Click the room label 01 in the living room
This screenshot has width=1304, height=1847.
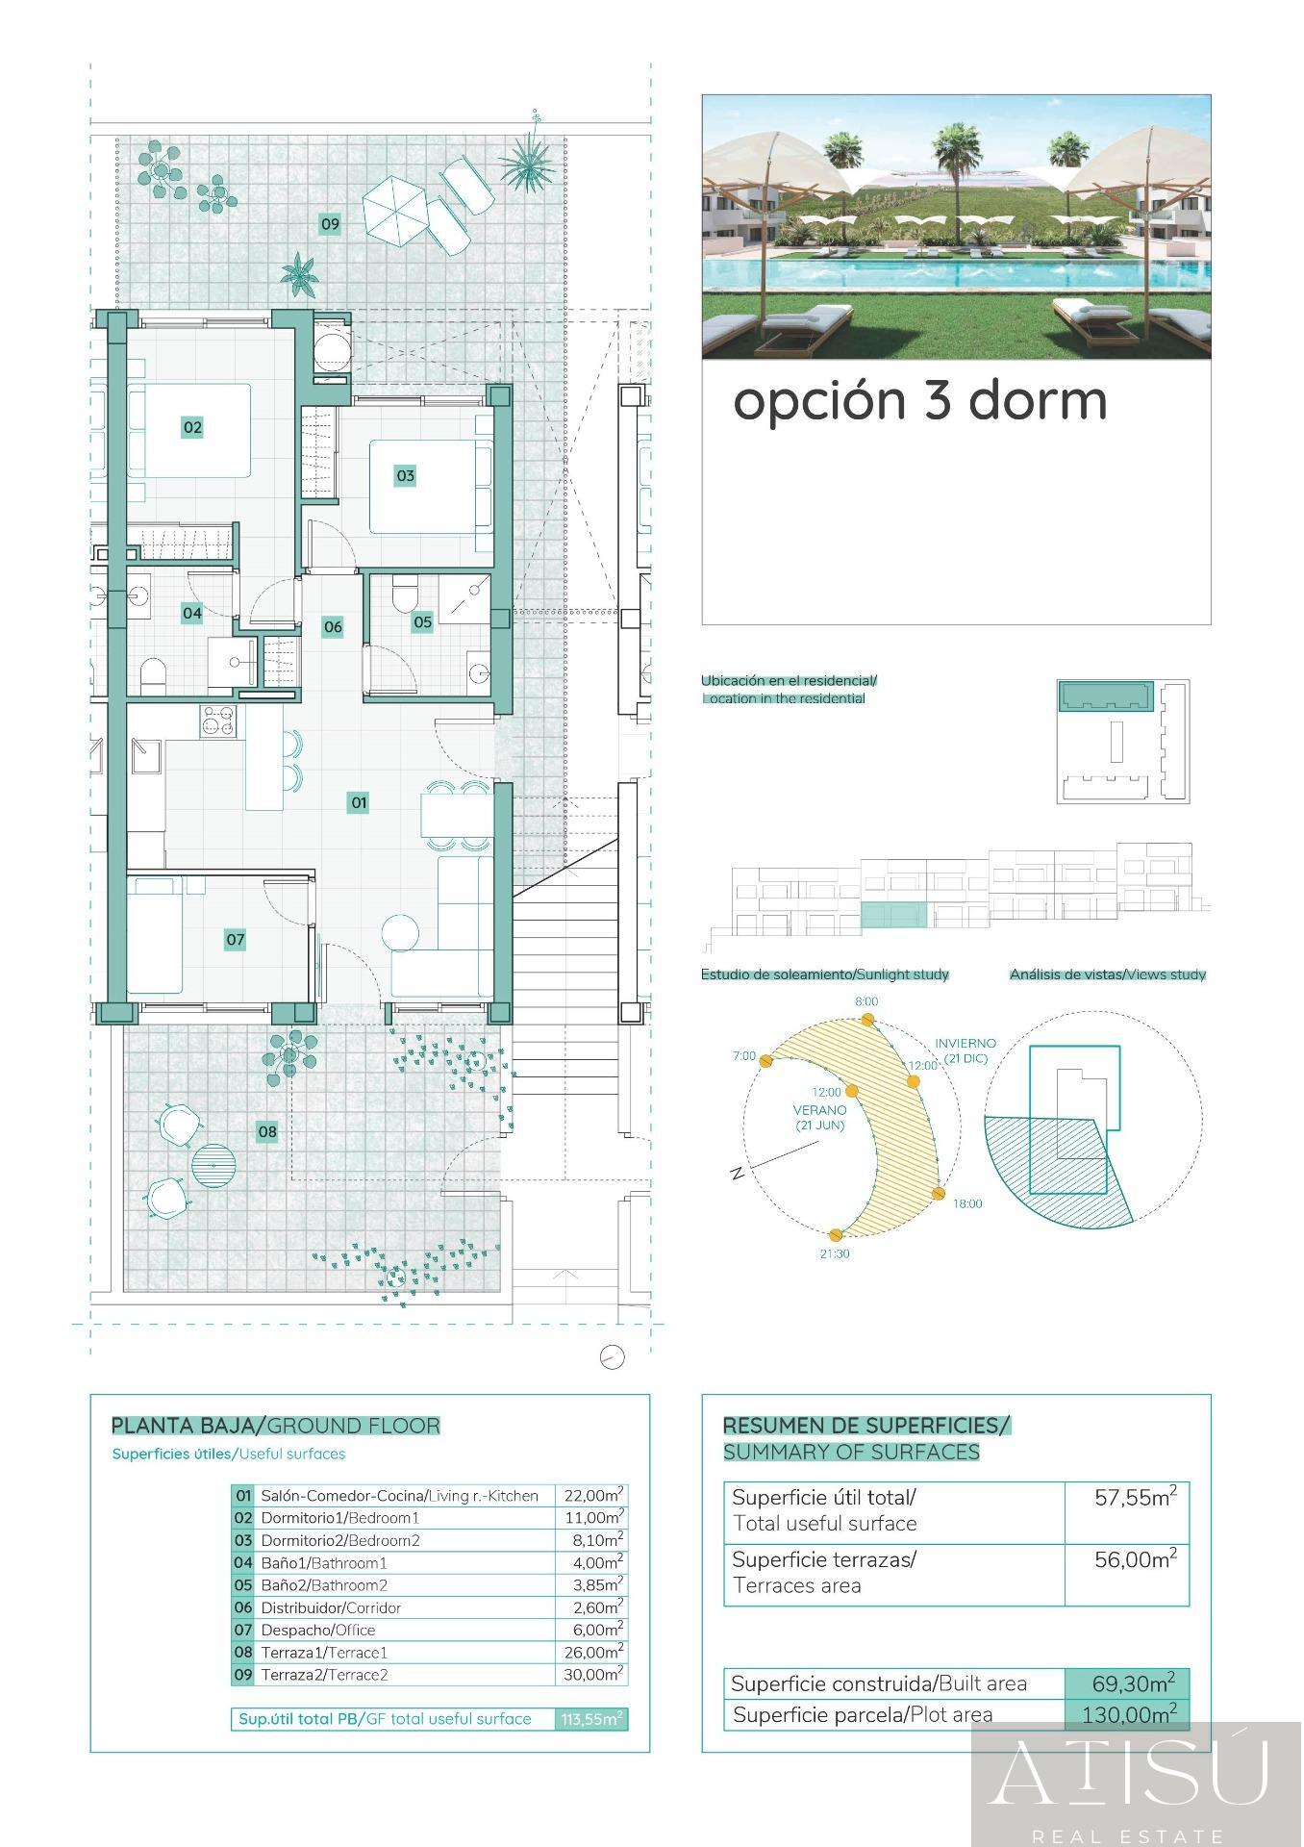(358, 802)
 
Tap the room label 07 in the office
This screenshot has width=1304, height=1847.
(236, 940)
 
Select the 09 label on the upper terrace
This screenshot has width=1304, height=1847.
(330, 224)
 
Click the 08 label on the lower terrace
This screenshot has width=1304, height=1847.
(267, 1132)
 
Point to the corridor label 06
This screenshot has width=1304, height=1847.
(333, 627)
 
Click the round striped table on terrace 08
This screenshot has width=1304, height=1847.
(213, 1165)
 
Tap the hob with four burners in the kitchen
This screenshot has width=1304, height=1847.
(217, 721)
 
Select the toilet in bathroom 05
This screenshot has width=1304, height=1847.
(403, 593)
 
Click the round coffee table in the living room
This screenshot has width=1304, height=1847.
(400, 932)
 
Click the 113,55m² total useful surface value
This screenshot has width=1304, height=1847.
(591, 1719)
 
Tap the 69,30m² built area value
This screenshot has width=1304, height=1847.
(1132, 1683)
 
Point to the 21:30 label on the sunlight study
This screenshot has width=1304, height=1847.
(834, 1253)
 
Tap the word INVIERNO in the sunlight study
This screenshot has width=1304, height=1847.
(965, 1043)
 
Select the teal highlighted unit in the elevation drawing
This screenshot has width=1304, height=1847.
(893, 915)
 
